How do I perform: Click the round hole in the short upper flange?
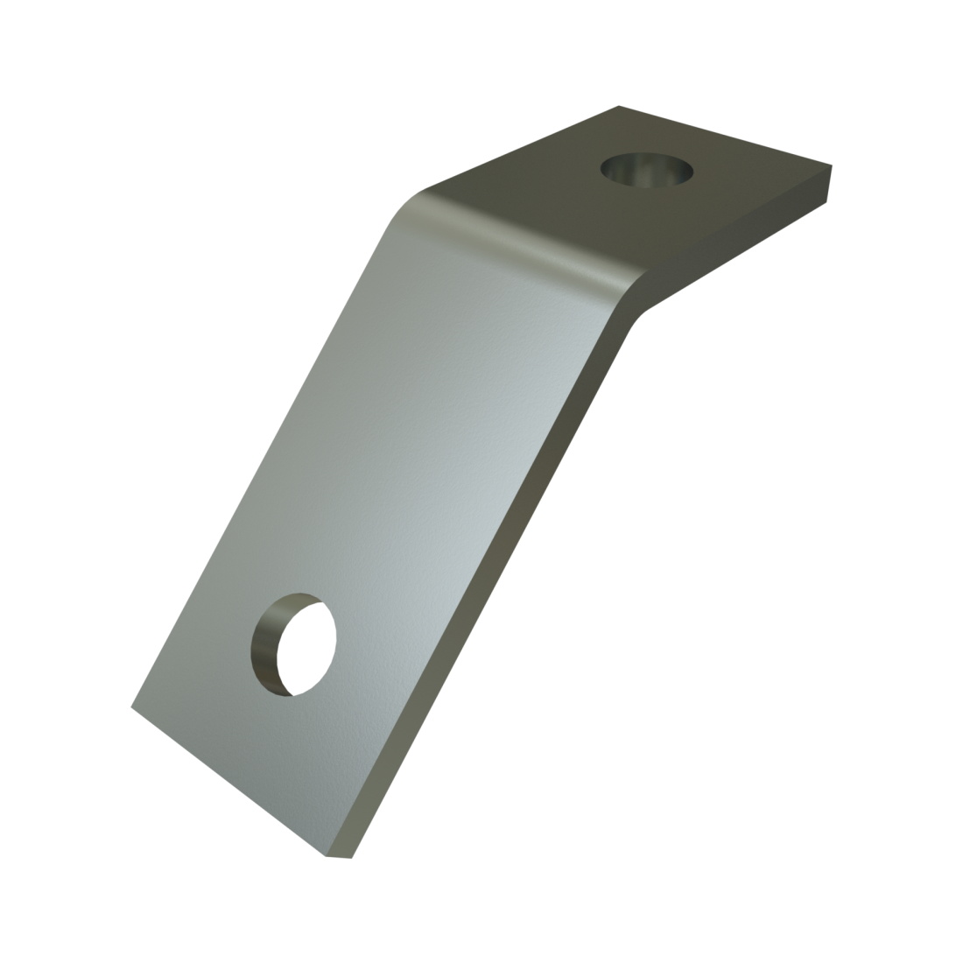click(x=646, y=168)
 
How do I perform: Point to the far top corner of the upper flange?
click(x=620, y=107)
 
